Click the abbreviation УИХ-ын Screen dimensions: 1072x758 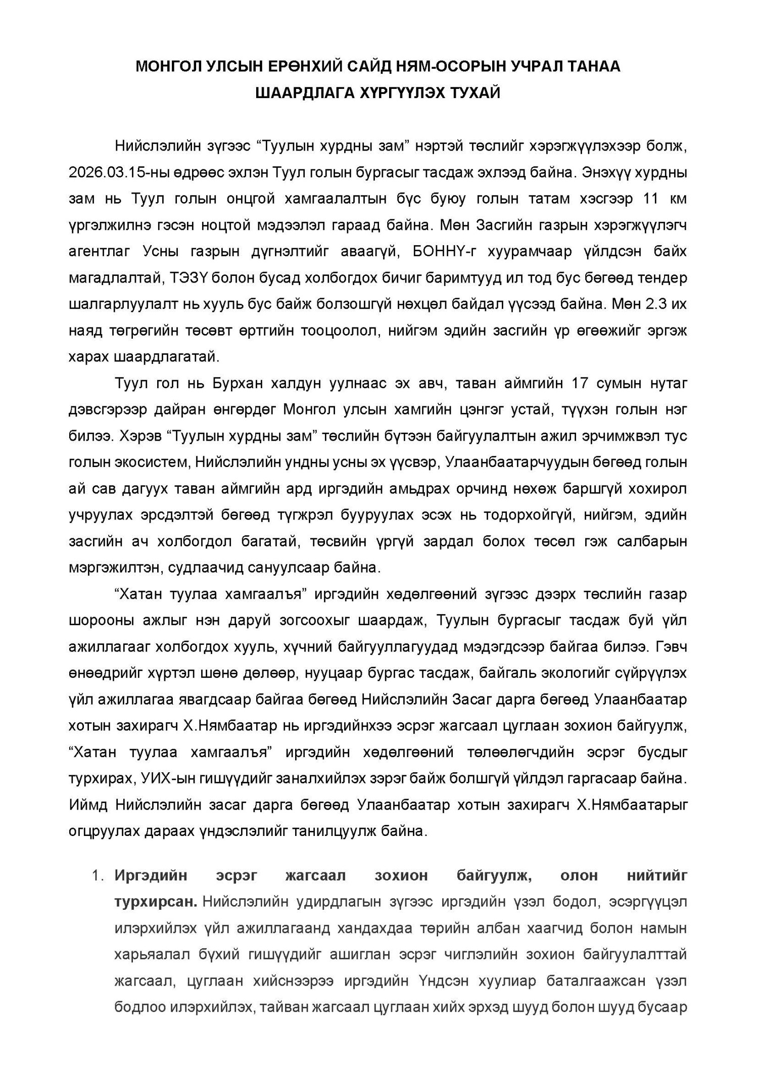pos(162,778)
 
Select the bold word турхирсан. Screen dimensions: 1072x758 pos(156,902)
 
